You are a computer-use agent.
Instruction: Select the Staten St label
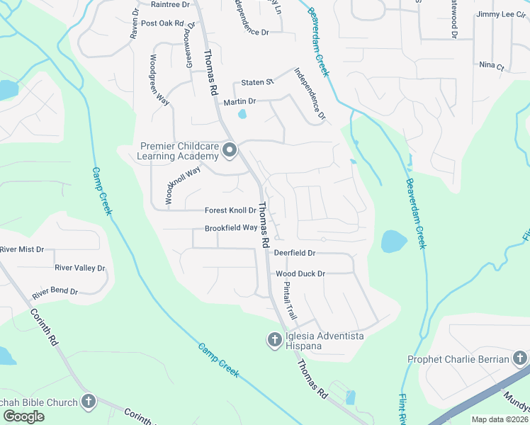(x=257, y=82)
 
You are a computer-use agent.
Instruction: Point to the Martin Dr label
(x=239, y=103)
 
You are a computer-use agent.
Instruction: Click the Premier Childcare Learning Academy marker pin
(x=229, y=149)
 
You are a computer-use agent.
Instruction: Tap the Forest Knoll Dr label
(x=230, y=210)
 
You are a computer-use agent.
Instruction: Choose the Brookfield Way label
(x=231, y=228)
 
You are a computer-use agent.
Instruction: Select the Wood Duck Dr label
(x=300, y=273)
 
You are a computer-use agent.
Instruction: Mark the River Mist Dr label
(x=22, y=249)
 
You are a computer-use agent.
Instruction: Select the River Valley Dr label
(x=79, y=268)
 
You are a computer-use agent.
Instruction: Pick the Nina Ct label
(x=491, y=67)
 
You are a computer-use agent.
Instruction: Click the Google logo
(x=23, y=416)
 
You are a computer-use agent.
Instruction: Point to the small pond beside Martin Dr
(x=242, y=113)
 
